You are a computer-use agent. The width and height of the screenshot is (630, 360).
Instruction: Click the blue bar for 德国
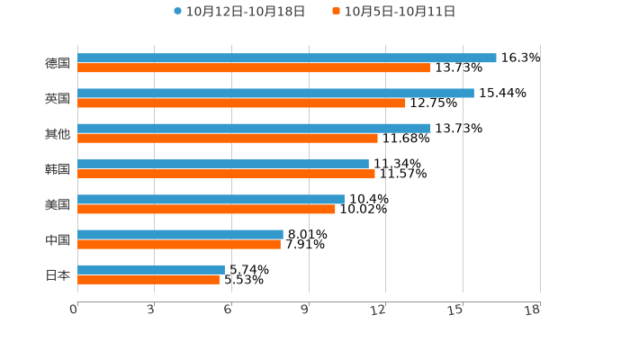pyautogui.click(x=286, y=58)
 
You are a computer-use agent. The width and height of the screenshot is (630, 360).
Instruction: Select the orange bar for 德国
pyautogui.click(x=254, y=68)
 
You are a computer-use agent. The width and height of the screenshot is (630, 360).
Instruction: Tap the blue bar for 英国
pyautogui.click(x=275, y=94)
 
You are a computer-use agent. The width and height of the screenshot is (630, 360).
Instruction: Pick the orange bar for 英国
pyautogui.click(x=241, y=103)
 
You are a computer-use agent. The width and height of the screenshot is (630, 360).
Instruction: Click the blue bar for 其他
pyautogui.click(x=254, y=129)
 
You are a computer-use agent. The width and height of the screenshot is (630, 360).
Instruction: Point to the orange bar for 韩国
pyautogui.click(x=226, y=174)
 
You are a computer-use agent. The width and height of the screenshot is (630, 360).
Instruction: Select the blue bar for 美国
pyautogui.click(x=211, y=200)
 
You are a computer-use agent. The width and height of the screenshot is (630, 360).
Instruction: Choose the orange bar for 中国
pyautogui.click(x=179, y=244)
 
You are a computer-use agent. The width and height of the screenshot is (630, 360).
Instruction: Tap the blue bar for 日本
pyautogui.click(x=151, y=270)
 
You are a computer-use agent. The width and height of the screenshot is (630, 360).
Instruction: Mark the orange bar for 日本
pyautogui.click(x=148, y=280)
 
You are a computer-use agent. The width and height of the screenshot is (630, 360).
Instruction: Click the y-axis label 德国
pyautogui.click(x=58, y=64)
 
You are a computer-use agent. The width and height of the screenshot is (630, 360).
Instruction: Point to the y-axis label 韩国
pyautogui.click(x=58, y=169)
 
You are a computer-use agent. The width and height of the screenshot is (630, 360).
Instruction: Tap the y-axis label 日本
pyautogui.click(x=58, y=275)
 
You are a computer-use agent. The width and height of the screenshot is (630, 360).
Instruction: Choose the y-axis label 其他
pyautogui.click(x=58, y=134)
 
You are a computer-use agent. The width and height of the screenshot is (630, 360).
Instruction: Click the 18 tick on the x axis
pyautogui.click(x=533, y=310)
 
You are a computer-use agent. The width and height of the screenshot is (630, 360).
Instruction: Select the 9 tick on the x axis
pyautogui.click(x=304, y=310)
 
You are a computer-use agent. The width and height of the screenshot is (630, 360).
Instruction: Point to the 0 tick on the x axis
pyautogui.click(x=74, y=310)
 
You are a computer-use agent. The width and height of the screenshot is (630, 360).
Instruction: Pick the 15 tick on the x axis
pyautogui.click(x=455, y=310)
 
